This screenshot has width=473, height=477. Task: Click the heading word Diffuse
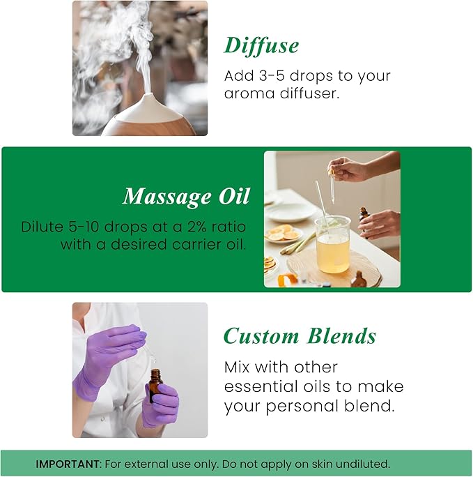point(261,45)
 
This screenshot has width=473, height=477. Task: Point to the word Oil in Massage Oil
point(234,197)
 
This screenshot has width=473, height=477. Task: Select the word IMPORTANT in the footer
point(67,463)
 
